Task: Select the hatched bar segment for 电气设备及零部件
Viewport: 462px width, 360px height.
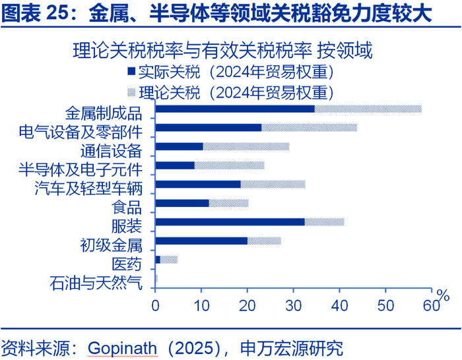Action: coord(309,127)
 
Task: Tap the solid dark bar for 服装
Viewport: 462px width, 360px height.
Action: coord(230,222)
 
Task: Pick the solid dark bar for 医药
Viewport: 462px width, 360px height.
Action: coord(158,260)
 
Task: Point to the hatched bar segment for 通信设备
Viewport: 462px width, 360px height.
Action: coord(246,146)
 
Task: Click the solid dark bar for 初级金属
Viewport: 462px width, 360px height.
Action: coord(201,241)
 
